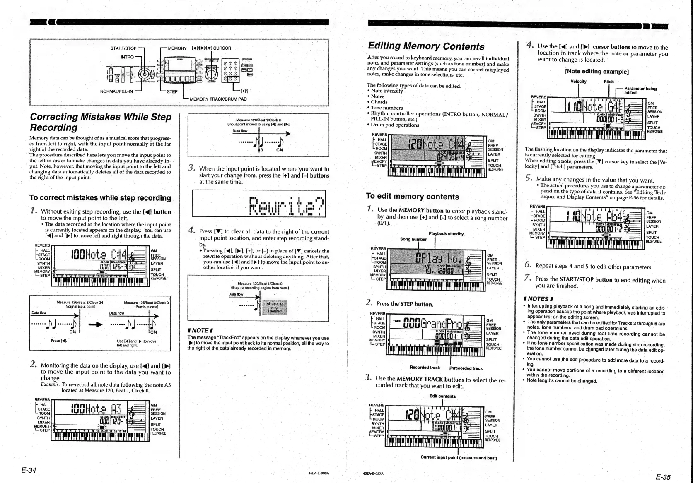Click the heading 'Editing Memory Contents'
coord(426,46)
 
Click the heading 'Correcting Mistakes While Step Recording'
coord(101,122)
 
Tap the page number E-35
coord(663,477)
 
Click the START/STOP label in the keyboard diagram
coord(123,48)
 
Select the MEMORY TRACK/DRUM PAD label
coord(218,99)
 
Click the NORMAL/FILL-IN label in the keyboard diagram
coord(116,91)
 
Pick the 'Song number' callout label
coord(413,239)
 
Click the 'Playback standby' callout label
coord(446,234)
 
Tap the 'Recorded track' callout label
coord(425,368)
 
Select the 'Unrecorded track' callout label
coord(465,368)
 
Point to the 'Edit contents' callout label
coord(442,396)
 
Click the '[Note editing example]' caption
coord(597,72)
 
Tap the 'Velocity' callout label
coord(578,82)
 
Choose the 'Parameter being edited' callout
coord(640,91)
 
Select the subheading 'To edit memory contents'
coord(412,197)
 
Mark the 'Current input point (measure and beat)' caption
coord(459,457)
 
